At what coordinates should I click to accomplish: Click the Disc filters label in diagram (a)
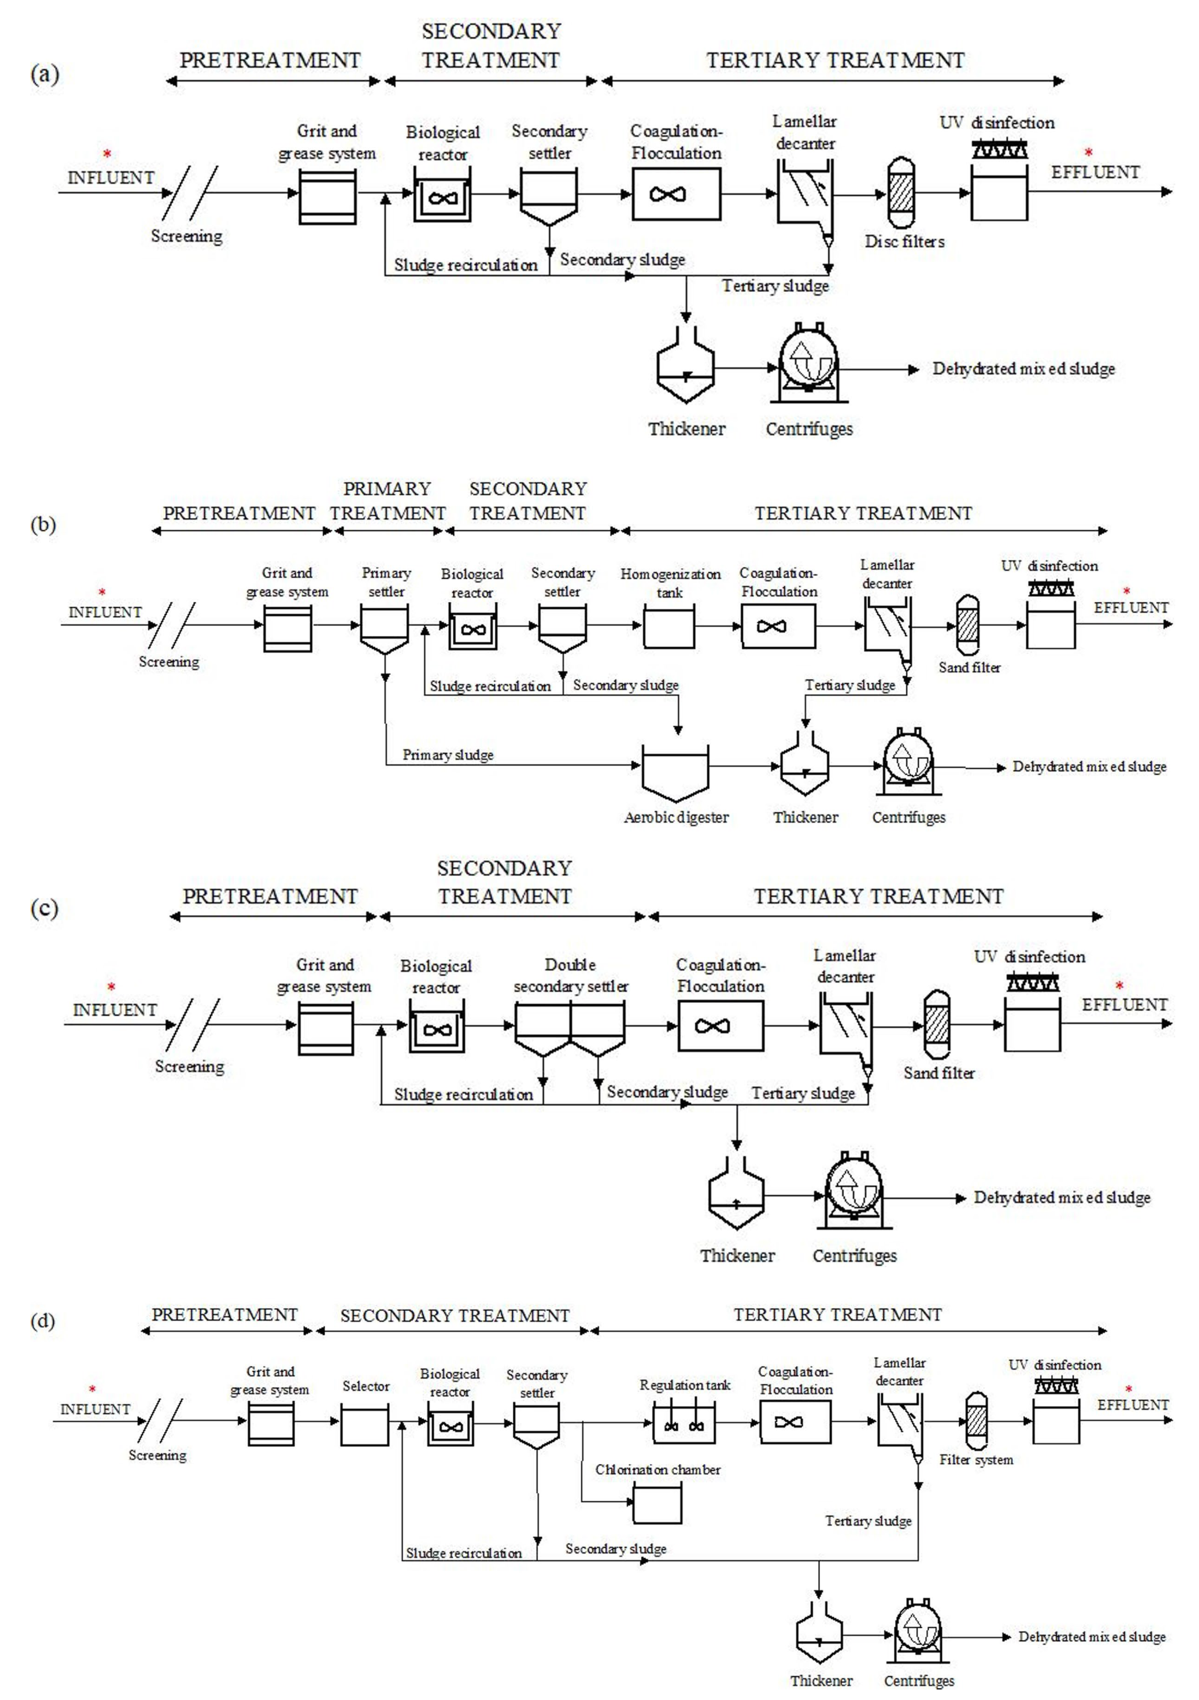(904, 241)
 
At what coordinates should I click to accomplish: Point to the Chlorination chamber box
(657, 1505)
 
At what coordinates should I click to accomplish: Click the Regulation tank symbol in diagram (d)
(684, 1424)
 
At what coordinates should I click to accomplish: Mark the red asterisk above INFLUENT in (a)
(107, 154)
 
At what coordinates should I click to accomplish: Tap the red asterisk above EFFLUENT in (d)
(1129, 1390)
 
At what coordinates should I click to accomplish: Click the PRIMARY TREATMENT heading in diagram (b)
(387, 501)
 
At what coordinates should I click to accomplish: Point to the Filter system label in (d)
(976, 1459)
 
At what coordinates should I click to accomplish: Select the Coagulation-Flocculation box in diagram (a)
(676, 194)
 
